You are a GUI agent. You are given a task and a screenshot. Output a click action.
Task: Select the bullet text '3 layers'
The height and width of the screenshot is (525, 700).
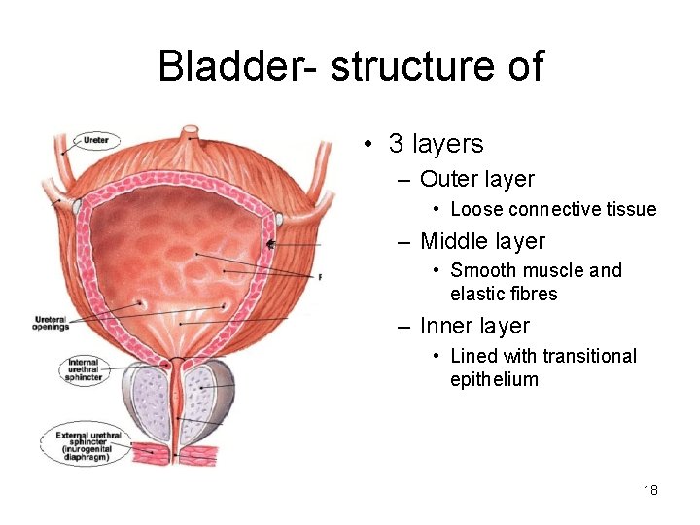[x=436, y=145]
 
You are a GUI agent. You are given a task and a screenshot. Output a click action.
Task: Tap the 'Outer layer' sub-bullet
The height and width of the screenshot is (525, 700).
[x=476, y=179]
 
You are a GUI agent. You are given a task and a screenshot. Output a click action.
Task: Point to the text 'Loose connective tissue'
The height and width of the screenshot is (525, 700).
[x=553, y=209]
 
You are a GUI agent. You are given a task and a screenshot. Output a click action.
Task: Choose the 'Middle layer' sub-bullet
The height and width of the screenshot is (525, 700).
[x=482, y=241]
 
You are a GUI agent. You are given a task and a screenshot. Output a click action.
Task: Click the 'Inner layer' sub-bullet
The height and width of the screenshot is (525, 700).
[x=475, y=326]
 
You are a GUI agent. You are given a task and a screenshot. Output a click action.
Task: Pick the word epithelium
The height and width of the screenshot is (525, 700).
[x=494, y=379]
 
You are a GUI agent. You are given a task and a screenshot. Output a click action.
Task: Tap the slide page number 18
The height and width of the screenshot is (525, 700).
[x=650, y=490]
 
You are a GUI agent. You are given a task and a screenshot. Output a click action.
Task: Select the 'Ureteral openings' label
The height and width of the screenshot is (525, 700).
[x=52, y=323]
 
